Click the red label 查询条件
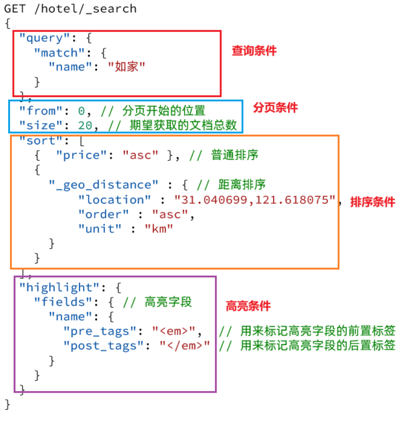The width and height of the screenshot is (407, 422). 254,51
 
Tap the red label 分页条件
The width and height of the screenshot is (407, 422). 275,108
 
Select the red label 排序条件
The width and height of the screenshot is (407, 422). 372,202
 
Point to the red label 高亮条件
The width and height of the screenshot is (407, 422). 248,306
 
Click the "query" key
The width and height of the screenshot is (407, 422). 45,38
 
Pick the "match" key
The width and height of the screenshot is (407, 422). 59,53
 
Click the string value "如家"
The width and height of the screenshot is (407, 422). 126,67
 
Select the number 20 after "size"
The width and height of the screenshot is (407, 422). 85,126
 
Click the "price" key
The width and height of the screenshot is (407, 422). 81,155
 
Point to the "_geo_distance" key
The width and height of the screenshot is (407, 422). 103,185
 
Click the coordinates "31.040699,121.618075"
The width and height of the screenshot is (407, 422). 255,200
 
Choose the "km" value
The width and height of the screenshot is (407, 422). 159,229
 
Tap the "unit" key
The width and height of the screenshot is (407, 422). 100,229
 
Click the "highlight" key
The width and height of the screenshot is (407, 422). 59,287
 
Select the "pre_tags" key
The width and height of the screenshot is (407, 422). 100,331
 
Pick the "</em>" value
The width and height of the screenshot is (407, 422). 184,346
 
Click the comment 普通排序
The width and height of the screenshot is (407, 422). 235,155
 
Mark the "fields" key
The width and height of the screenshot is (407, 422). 63,302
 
